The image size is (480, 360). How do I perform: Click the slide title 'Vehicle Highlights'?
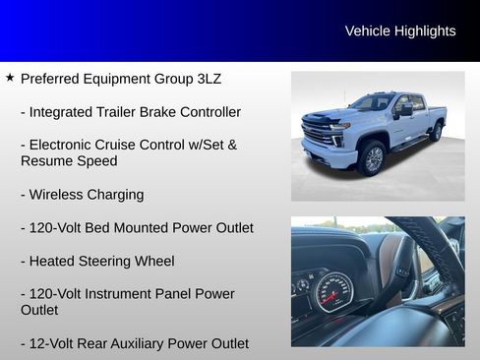[x=400, y=31]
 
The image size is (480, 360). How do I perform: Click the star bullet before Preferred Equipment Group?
[x=10, y=77]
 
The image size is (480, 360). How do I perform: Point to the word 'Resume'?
[x=45, y=160]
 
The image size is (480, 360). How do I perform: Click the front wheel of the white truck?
[x=373, y=158]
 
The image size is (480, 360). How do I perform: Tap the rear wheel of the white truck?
[x=436, y=132]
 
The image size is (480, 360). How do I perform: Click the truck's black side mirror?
[x=404, y=111]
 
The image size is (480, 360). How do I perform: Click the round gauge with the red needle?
[x=332, y=292]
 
